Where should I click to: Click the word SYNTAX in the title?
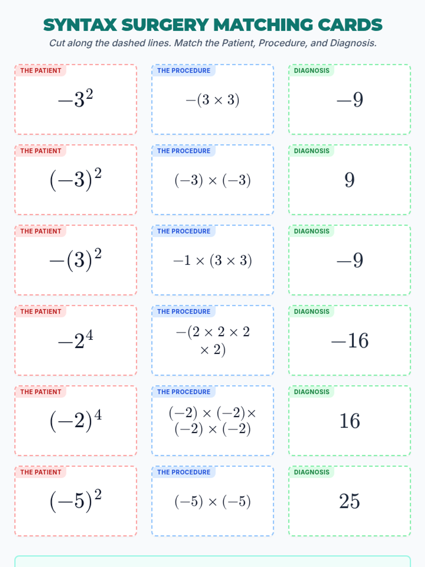coord(80,25)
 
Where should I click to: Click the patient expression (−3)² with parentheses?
coord(75,179)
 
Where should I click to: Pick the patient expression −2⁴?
coord(75,340)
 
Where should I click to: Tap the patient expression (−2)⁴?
coord(75,420)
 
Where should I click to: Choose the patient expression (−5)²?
coord(75,501)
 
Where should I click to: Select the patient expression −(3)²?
coord(75,260)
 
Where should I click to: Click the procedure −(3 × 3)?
coord(212,100)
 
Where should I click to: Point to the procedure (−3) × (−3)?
coord(212,180)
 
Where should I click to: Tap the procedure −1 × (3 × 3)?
coord(212,260)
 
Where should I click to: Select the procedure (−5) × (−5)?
coord(212,501)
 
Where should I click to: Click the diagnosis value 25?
coord(350,501)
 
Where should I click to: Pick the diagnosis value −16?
coord(350,341)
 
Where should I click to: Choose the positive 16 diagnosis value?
coord(350,421)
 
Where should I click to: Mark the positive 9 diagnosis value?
coord(350,180)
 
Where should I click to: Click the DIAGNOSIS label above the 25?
coord(312,472)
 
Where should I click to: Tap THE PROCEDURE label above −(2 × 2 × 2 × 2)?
coord(183,311)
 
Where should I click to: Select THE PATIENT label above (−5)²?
coord(41,472)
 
